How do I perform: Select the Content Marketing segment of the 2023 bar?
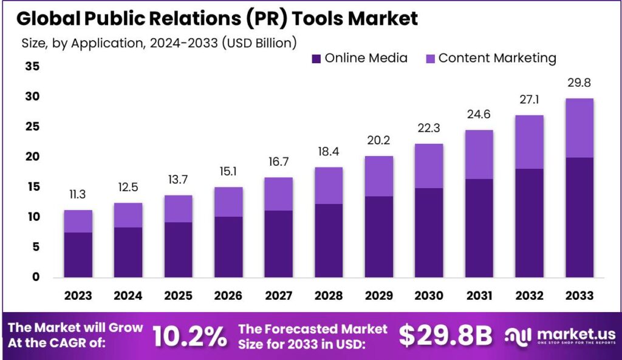[x=78, y=221]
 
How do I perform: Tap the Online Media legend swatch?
[x=316, y=59]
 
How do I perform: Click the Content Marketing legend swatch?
[x=429, y=59]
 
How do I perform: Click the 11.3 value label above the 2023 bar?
[x=78, y=195]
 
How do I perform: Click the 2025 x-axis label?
[x=178, y=296]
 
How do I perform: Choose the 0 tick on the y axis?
[x=36, y=277]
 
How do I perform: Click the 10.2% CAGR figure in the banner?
[x=189, y=336]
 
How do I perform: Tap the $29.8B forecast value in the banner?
[x=445, y=336]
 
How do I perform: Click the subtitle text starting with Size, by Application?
[x=159, y=43]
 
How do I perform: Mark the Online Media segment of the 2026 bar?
[x=228, y=246]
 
